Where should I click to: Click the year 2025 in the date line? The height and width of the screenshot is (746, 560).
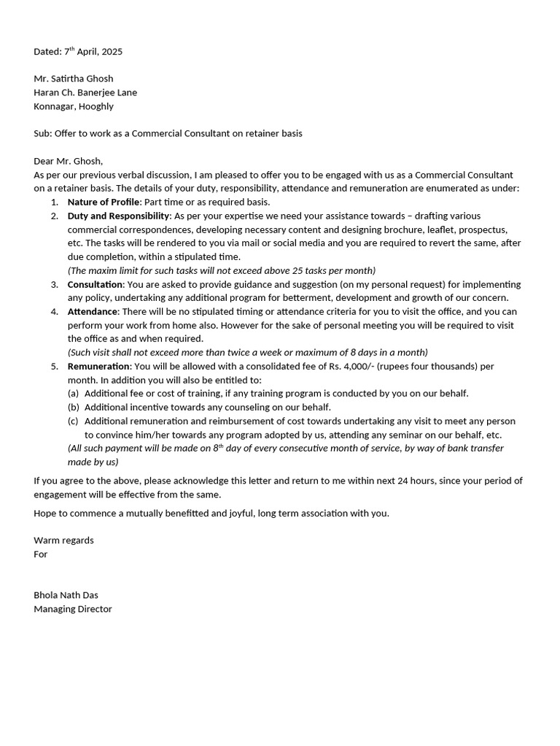click(x=112, y=52)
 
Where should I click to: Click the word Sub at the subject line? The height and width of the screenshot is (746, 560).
click(x=42, y=133)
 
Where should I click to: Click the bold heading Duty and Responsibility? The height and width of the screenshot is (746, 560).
click(x=118, y=216)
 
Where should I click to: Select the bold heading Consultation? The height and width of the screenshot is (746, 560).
click(x=95, y=284)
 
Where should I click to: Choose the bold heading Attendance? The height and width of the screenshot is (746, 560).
click(x=92, y=311)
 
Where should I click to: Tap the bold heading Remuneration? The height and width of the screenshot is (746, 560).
click(x=99, y=366)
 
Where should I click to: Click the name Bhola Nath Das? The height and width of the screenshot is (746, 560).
click(x=66, y=595)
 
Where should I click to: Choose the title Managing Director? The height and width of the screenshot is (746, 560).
click(x=73, y=609)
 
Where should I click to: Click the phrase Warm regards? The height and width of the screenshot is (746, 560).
click(x=63, y=541)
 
